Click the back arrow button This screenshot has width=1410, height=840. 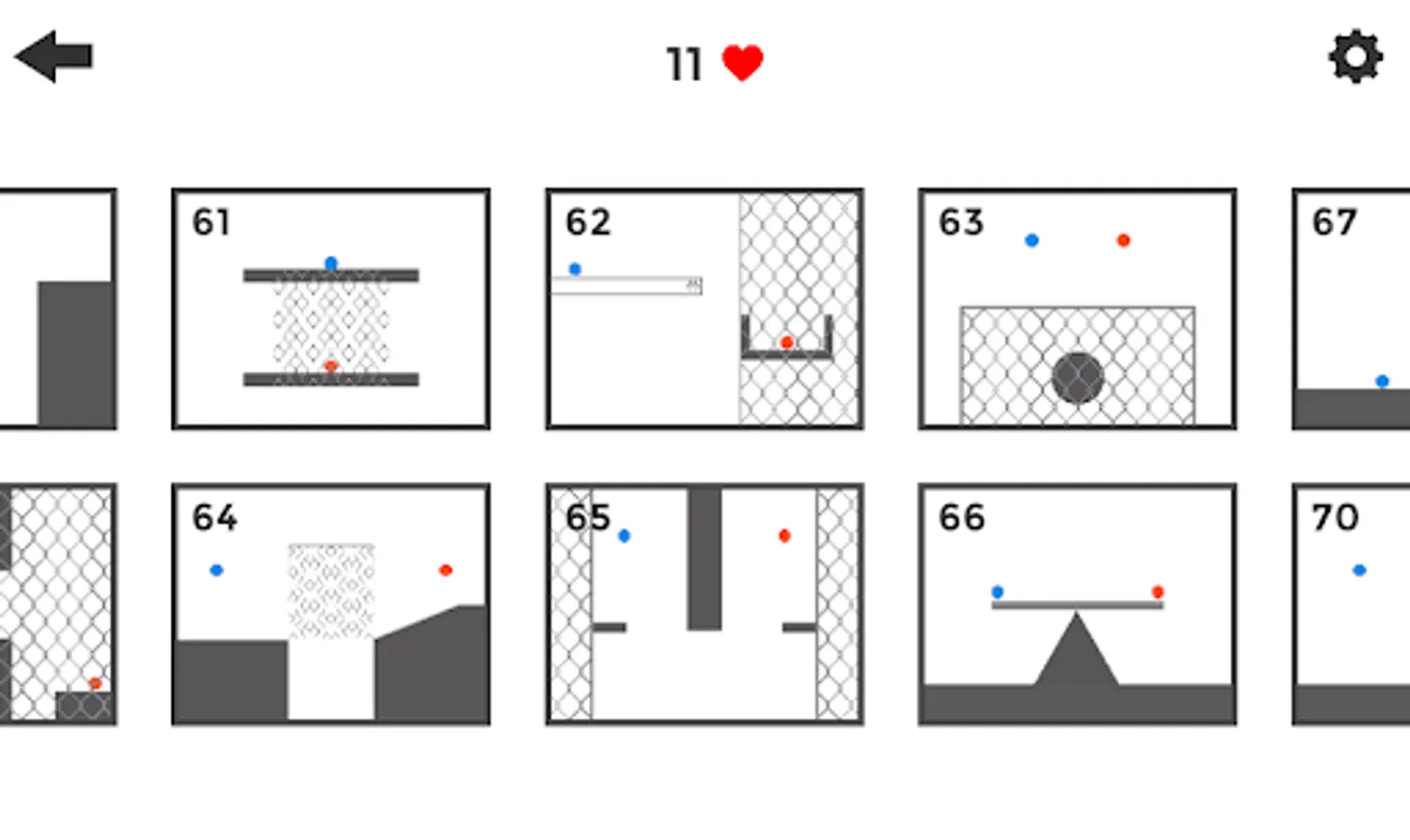click(54, 56)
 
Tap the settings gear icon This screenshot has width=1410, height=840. click(1356, 56)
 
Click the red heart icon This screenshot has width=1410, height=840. click(743, 63)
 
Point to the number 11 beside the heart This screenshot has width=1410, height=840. click(684, 64)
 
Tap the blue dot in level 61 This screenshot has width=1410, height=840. click(331, 262)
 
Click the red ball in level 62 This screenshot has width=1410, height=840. click(787, 343)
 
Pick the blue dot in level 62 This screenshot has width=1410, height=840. click(575, 269)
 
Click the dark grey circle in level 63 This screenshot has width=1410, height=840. click(1078, 378)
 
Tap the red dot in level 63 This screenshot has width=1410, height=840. click(1124, 240)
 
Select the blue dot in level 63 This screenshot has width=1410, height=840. click(1032, 240)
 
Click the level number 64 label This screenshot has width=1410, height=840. click(215, 518)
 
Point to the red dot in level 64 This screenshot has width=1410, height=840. click(446, 570)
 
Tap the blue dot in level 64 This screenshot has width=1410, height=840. click(216, 570)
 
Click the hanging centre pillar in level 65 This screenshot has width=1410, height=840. click(705, 559)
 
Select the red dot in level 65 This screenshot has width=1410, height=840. click(784, 535)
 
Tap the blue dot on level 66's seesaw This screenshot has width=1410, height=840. click(997, 592)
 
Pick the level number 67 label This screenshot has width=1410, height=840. click(1333, 221)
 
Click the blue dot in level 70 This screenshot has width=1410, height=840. click(1359, 570)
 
